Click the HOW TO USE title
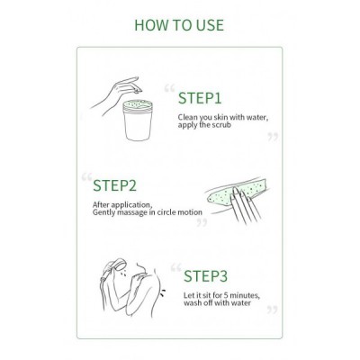[x=179, y=25]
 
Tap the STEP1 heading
[x=200, y=98]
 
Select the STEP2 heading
[x=114, y=185]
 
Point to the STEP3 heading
[x=205, y=276]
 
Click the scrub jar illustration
[x=138, y=121]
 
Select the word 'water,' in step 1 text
[x=256, y=117]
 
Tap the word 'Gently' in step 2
[x=103, y=212]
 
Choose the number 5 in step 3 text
[x=227, y=295]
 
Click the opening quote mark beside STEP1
[x=169, y=88]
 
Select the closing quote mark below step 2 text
[x=202, y=222]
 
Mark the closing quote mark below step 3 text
[x=273, y=310]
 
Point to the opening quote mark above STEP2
[x=86, y=177]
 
